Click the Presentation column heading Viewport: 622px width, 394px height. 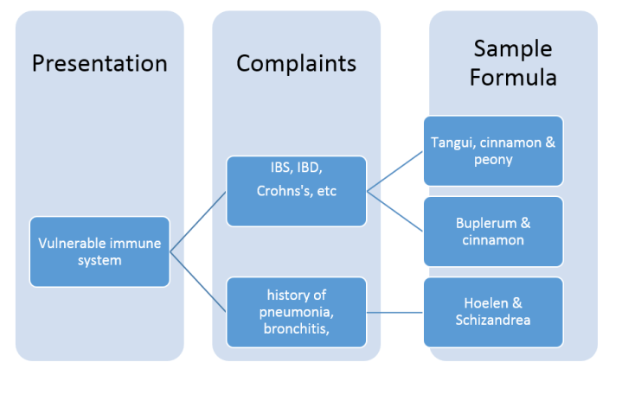click(x=99, y=63)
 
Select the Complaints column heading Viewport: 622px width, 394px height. click(x=296, y=63)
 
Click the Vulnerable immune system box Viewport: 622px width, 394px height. click(x=99, y=251)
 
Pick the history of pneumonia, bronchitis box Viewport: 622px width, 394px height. click(x=296, y=311)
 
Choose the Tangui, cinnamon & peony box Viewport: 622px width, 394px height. click(x=493, y=150)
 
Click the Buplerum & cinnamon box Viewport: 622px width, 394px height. click(x=493, y=231)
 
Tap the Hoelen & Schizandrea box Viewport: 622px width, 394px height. click(x=493, y=311)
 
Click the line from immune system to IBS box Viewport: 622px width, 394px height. click(x=198, y=221)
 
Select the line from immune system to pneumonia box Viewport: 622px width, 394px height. click(x=198, y=281)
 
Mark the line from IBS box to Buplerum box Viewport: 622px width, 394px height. click(x=394, y=210)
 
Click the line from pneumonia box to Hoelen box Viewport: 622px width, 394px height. click(x=394, y=311)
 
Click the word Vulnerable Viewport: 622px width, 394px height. click(x=71, y=243)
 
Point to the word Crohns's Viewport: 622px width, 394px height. click(x=284, y=191)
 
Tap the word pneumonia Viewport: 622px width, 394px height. click(x=297, y=311)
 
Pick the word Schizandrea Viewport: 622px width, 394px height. click(x=493, y=320)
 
